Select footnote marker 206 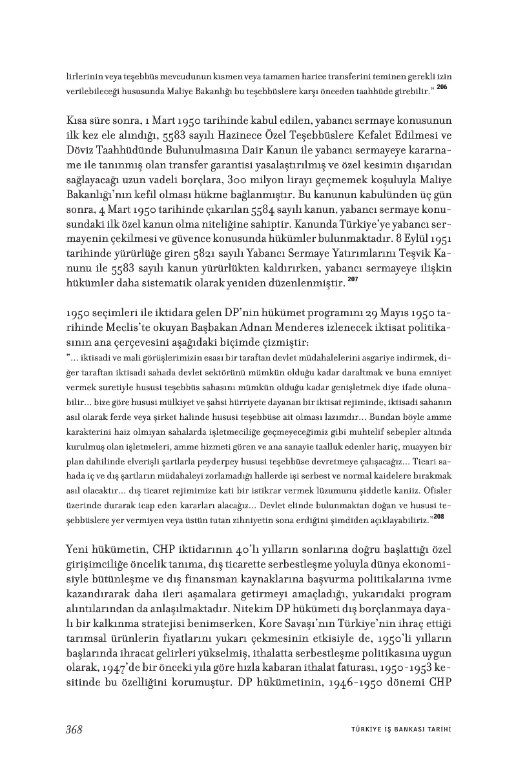coord(442,86)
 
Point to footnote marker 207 coord(352,261)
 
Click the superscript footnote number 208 coord(439,516)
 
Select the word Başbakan coord(221,312)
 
